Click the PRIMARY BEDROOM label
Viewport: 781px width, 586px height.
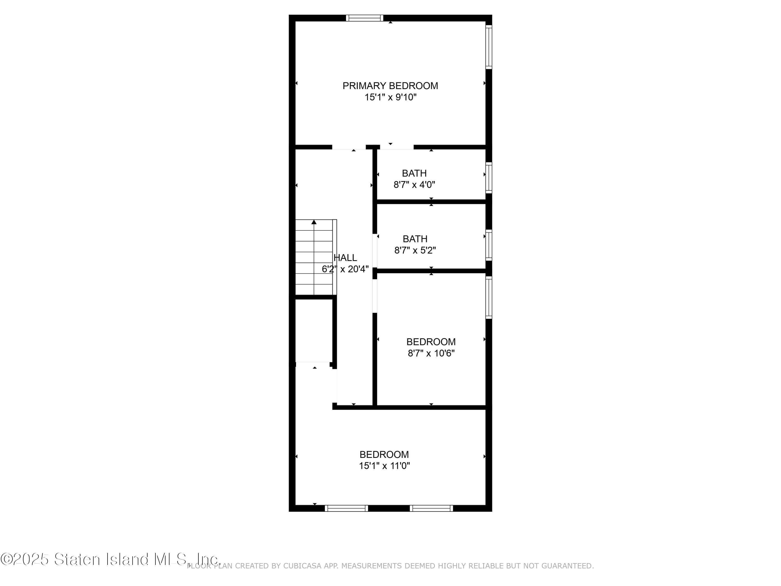coord(390,86)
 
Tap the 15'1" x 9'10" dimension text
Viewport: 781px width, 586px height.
coord(390,97)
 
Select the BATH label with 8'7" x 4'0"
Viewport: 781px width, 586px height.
coord(414,173)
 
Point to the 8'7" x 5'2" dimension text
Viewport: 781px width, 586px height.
coord(415,251)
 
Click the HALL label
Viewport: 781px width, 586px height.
coord(345,258)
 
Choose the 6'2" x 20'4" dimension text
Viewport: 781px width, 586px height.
coord(345,269)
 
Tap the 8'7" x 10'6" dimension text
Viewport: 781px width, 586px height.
coord(431,353)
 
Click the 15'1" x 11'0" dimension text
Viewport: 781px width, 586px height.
coord(384,466)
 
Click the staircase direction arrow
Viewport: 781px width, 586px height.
coord(314,222)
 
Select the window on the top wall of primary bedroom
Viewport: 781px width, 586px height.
coord(364,18)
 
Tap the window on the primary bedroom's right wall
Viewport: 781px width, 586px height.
coord(489,47)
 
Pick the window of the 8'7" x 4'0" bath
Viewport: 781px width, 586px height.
coord(489,177)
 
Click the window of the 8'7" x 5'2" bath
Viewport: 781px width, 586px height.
coord(489,245)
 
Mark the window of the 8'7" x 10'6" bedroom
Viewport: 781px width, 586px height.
coord(489,297)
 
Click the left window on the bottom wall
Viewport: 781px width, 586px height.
coord(346,508)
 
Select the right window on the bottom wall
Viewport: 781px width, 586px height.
coord(431,508)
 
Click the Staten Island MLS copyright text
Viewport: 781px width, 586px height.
coord(110,559)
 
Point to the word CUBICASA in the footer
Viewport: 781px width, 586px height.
coord(302,566)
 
